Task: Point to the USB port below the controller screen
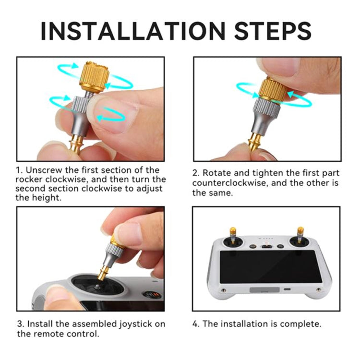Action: [287, 290]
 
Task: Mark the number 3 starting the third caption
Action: [20, 324]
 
